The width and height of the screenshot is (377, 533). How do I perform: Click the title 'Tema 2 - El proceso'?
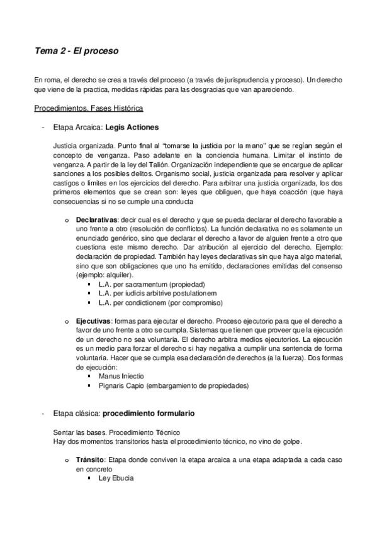coord(77,52)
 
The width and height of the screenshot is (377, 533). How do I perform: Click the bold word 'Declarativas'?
coord(96,219)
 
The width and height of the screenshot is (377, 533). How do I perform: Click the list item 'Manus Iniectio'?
coord(121,376)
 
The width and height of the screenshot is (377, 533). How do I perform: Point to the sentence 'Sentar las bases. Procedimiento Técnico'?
coord(117,432)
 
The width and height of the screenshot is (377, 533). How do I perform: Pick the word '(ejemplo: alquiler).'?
coord(104,275)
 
